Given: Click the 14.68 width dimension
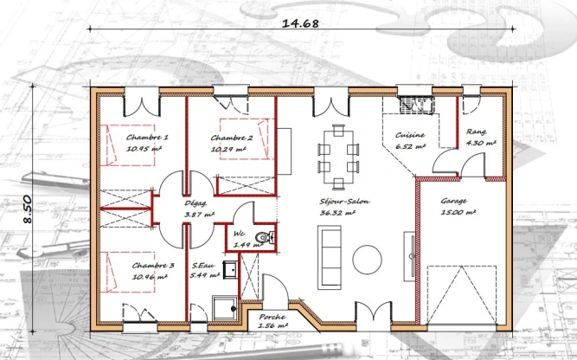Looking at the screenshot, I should pyautogui.click(x=300, y=24).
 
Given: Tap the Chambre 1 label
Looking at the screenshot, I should pyautogui.click(x=147, y=138).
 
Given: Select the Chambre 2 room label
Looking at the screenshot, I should pyautogui.click(x=231, y=138).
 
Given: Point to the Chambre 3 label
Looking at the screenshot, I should pyautogui.click(x=153, y=266).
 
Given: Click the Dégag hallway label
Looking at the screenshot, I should pyautogui.click(x=195, y=203).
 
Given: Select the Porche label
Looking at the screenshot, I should pyautogui.click(x=273, y=318).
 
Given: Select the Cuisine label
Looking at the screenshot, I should pyautogui.click(x=409, y=135).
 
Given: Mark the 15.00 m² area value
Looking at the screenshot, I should pyautogui.click(x=458, y=211).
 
